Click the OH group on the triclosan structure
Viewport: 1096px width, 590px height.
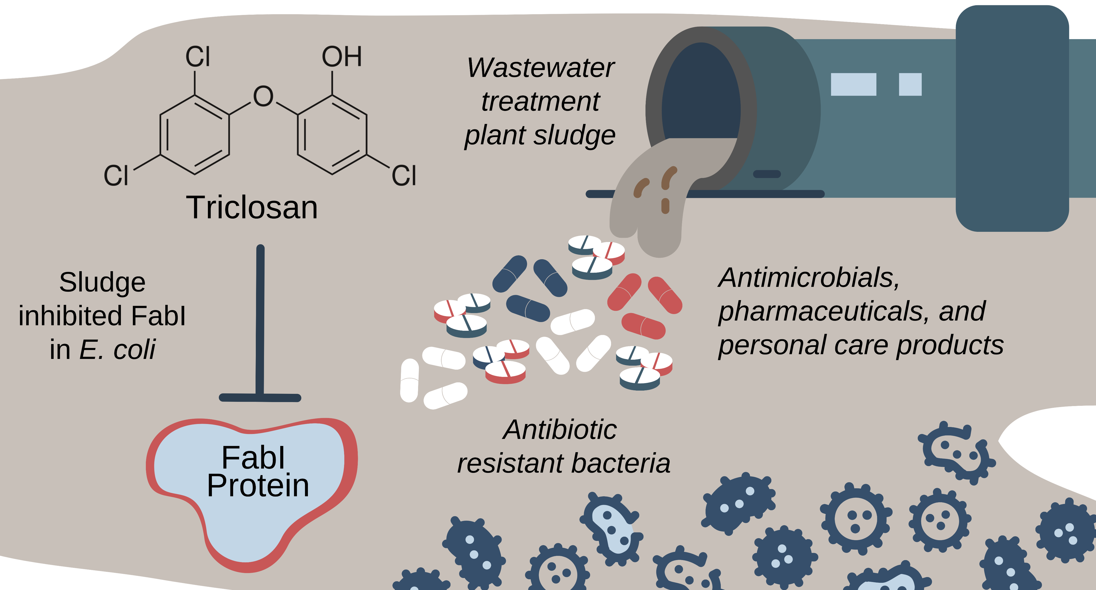click(342, 57)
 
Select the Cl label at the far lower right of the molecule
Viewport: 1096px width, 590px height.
click(403, 176)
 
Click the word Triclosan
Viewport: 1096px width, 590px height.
click(252, 207)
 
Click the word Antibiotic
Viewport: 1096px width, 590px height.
click(560, 430)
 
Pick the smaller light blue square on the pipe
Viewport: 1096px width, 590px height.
click(910, 84)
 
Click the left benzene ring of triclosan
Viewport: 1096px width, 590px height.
click(195, 135)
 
